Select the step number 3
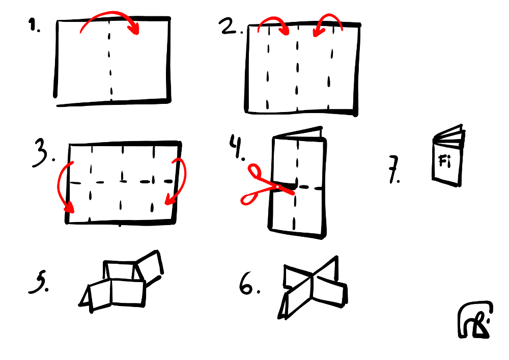[43, 153]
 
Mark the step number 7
[394, 170]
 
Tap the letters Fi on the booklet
[444, 161]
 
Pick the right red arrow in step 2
[328, 16]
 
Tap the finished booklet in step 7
[447, 156]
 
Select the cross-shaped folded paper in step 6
[312, 287]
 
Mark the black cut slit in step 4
[285, 186]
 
